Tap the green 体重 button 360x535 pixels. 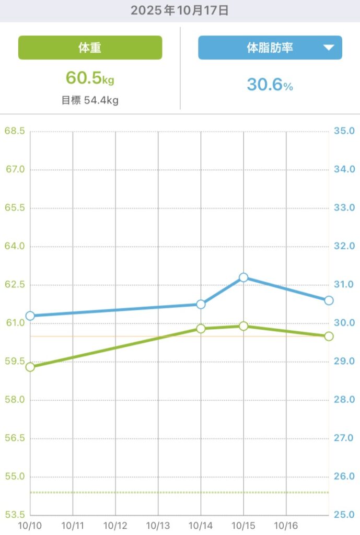tap(90, 48)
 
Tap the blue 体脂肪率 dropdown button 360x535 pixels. tap(270, 48)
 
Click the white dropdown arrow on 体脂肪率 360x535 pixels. tap(328, 48)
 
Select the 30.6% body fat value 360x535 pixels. tap(270, 85)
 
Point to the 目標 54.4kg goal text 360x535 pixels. tap(90, 100)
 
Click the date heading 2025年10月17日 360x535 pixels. tap(180, 10)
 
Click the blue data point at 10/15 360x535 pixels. tap(243, 277)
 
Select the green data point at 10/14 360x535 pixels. tap(201, 328)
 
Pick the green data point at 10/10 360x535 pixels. tap(30, 367)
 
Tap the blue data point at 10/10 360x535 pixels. tap(30, 316)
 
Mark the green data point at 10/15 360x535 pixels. tap(243, 326)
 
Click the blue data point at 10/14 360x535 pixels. tap(201, 304)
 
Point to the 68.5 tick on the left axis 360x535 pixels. tap(15, 131)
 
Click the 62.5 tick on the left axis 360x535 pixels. tap(15, 285)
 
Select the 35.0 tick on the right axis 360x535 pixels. tap(344, 131)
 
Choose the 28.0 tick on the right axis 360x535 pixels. tap(344, 400)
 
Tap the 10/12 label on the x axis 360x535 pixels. tap(115, 525)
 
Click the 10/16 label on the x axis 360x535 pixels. tap(286, 525)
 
